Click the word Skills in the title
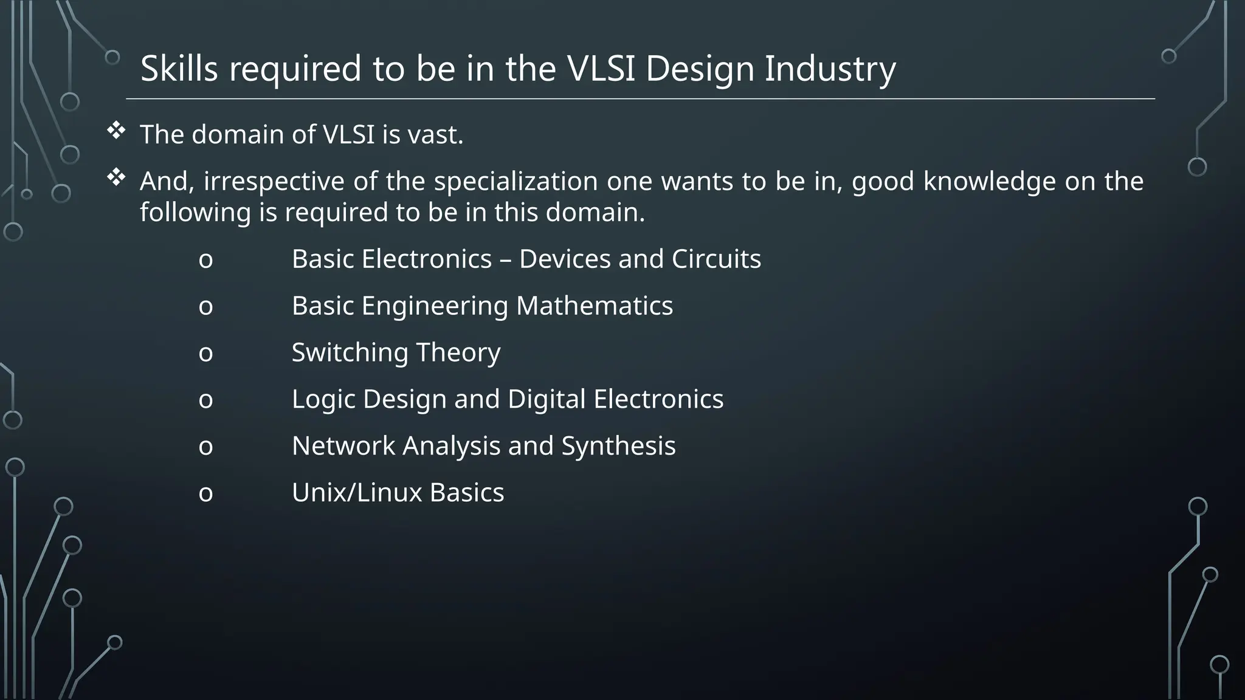(x=179, y=68)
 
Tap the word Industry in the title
(x=830, y=69)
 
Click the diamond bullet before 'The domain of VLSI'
(x=116, y=131)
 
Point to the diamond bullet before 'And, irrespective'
(x=116, y=178)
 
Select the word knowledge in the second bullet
(x=989, y=182)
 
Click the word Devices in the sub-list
(x=564, y=259)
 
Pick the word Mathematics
(x=594, y=306)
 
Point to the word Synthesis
(x=618, y=447)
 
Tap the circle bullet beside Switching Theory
(x=205, y=353)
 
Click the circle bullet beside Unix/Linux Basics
(x=205, y=493)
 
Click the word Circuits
(x=716, y=259)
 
